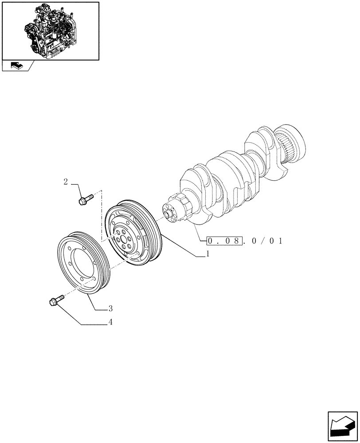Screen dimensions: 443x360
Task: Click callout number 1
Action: pyautogui.click(x=207, y=254)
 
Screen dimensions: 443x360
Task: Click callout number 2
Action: pyautogui.click(x=65, y=182)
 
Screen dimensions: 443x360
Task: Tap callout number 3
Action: pyautogui.click(x=110, y=308)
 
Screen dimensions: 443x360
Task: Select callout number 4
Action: pyautogui.click(x=110, y=323)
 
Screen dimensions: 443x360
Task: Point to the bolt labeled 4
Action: pyautogui.click(x=55, y=301)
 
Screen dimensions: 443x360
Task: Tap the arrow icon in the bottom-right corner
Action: pyautogui.click(x=342, y=426)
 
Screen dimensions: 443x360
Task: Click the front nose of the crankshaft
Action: pyautogui.click(x=169, y=214)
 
